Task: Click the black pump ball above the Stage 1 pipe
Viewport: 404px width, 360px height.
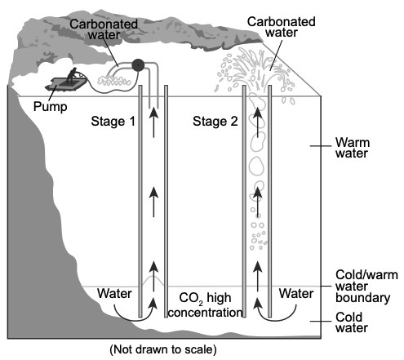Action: (138, 65)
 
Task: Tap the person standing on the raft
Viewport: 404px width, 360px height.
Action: (73, 75)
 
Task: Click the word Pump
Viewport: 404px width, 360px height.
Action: (50, 106)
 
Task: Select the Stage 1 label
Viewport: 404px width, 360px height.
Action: (113, 121)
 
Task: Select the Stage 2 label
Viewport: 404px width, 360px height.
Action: (215, 121)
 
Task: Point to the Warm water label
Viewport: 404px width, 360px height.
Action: (353, 148)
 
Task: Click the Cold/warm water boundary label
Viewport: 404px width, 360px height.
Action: (366, 287)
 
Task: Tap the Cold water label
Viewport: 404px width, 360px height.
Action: (352, 322)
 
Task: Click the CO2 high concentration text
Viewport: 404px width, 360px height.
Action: (206, 305)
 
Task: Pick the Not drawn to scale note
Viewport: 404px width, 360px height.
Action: (163, 349)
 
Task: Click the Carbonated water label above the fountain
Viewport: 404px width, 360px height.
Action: (282, 27)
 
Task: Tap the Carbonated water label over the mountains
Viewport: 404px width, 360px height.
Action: (104, 29)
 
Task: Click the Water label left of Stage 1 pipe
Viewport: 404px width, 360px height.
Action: (114, 294)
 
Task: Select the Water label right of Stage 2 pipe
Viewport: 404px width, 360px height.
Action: (296, 294)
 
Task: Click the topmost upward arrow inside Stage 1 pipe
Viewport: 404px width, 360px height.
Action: (154, 122)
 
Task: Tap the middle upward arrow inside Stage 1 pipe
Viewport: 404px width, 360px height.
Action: (154, 202)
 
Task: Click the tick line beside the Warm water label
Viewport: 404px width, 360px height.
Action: (321, 146)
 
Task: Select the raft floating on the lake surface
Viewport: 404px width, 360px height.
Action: (66, 83)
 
